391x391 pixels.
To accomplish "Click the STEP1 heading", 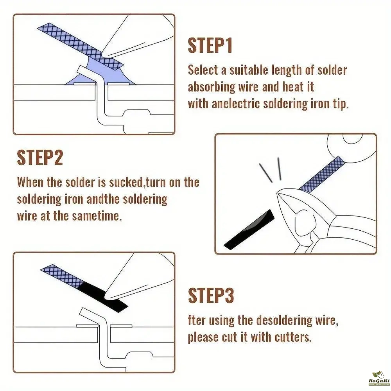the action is point(210,46).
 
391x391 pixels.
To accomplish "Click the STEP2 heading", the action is point(40,158).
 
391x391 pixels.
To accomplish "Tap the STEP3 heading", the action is point(211,295).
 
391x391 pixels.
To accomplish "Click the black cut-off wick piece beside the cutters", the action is point(249,229).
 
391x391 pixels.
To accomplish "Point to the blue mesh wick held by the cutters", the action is point(322,174).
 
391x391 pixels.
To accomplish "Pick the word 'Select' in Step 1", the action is point(203,70).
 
